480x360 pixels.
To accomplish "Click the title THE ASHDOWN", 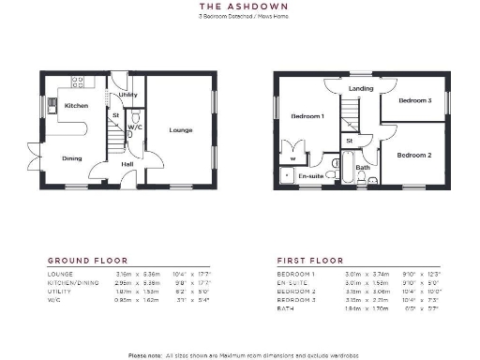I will (x=239, y=7).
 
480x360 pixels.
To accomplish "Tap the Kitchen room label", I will (x=77, y=106).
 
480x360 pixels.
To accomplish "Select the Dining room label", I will (x=72, y=158).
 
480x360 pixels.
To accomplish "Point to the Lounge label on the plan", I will (x=181, y=130).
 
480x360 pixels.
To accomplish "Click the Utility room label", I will (x=128, y=96).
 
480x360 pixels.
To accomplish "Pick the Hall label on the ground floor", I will (x=127, y=164).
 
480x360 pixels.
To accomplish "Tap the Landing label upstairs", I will (x=361, y=89).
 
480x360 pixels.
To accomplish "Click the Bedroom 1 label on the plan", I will (x=307, y=116).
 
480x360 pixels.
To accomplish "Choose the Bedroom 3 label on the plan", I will (x=414, y=100).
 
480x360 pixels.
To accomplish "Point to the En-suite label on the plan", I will (x=310, y=175).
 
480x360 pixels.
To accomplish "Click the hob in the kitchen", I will (x=77, y=82).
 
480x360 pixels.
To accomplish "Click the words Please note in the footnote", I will (x=145, y=354).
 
